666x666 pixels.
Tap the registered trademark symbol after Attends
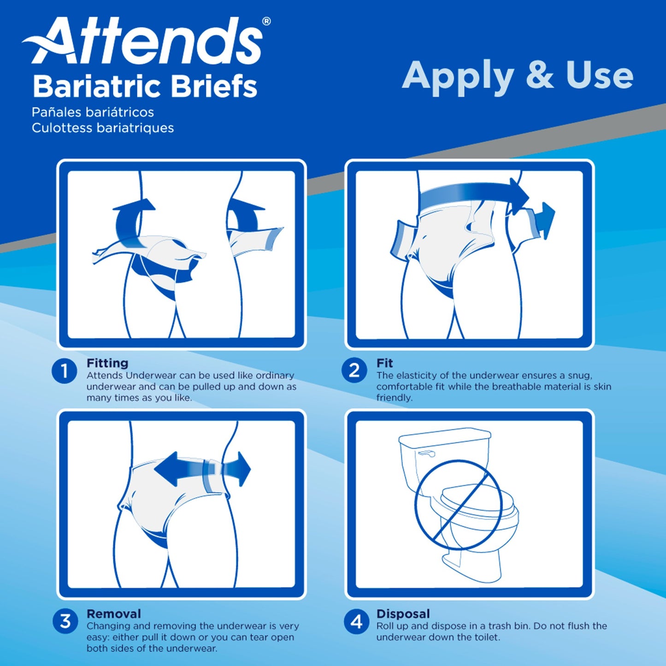[x=266, y=21]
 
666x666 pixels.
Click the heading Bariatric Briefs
[x=145, y=87]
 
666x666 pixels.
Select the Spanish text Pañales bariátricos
[x=93, y=112]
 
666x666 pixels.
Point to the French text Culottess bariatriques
[x=103, y=128]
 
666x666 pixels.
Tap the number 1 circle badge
[x=64, y=371]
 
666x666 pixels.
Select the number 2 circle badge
[x=354, y=370]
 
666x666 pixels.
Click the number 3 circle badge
[x=65, y=621]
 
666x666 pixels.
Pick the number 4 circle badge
[x=356, y=622]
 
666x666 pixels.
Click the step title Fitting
[x=107, y=363]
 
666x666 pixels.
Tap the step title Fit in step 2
[x=384, y=363]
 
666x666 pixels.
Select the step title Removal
[x=114, y=614]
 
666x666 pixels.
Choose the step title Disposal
[x=403, y=614]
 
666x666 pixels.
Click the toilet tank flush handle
[x=426, y=454]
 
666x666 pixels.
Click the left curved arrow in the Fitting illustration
[x=131, y=221]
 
